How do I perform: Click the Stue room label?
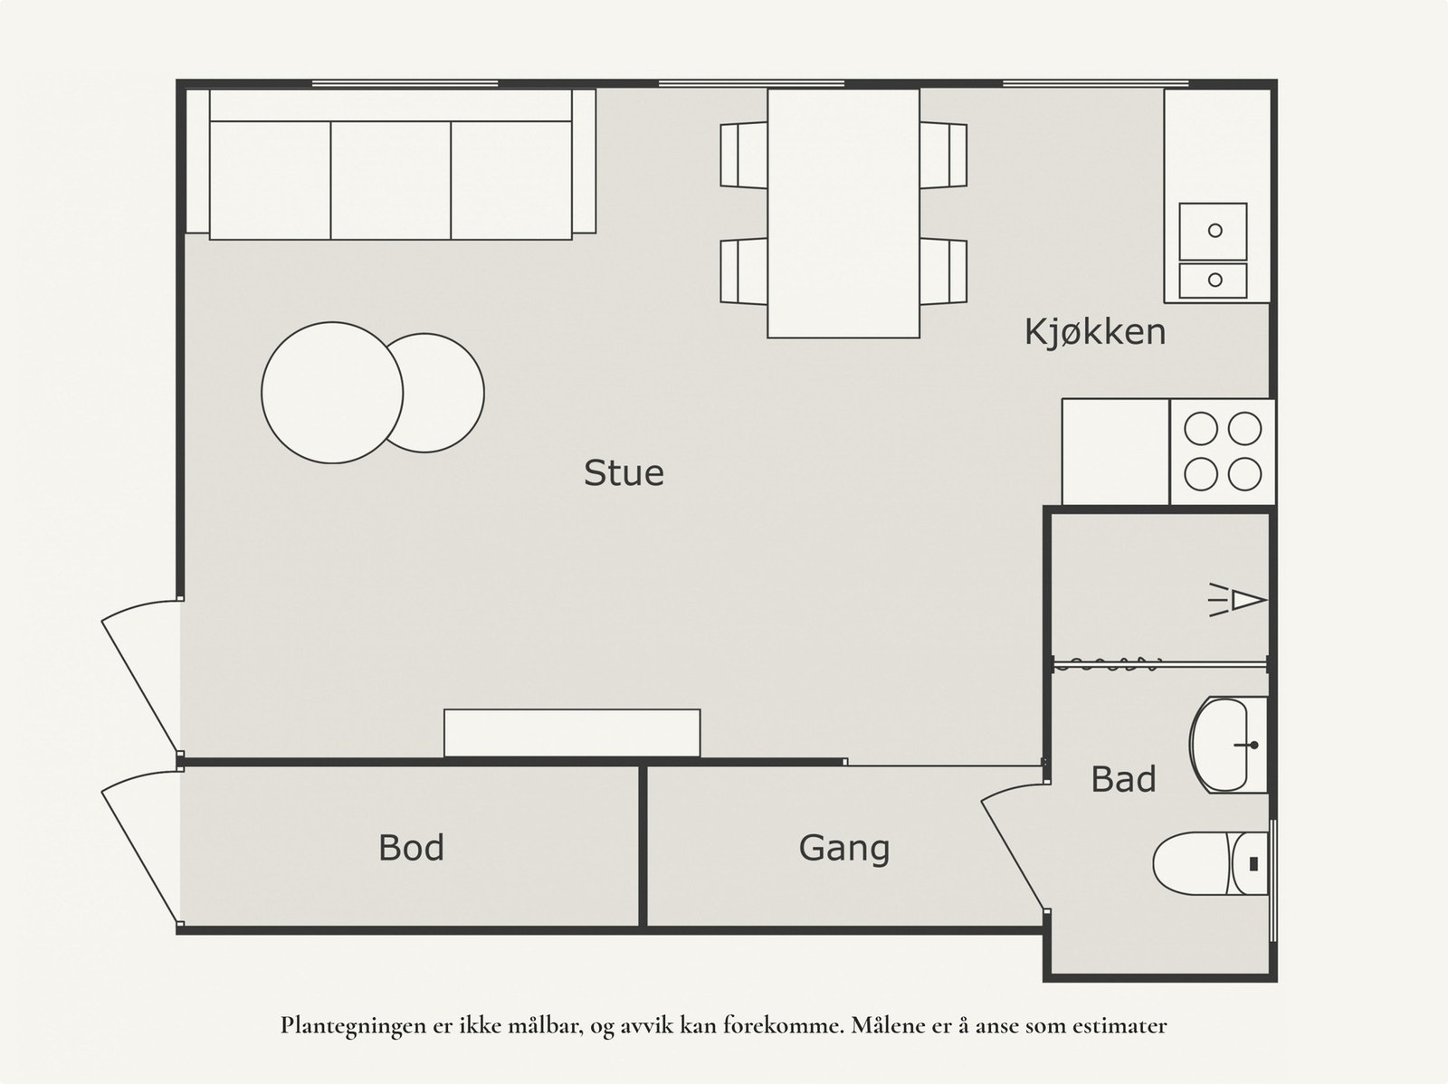point(624,472)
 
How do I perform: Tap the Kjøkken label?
point(1095,332)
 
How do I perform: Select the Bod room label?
point(411,847)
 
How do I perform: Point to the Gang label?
point(843,849)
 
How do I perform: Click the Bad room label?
point(1123,779)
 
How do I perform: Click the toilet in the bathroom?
point(1211,863)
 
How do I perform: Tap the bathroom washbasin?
point(1228,745)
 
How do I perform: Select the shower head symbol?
point(1237,600)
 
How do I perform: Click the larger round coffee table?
point(332,393)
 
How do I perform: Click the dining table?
point(843,214)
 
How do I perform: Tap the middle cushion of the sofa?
point(391,180)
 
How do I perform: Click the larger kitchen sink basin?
point(1214,232)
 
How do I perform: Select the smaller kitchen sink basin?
point(1214,281)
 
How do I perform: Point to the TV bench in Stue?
point(572,733)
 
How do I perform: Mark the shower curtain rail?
point(1159,665)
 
